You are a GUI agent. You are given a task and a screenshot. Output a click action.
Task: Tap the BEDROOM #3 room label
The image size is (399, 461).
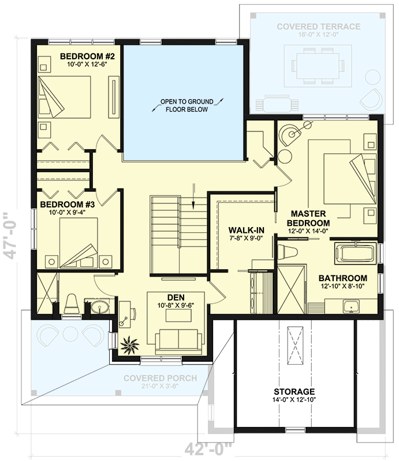click(64, 204)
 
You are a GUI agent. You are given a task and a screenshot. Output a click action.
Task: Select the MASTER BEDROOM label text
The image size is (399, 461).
click(310, 218)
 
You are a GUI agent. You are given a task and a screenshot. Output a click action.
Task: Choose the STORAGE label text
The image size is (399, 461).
click(294, 391)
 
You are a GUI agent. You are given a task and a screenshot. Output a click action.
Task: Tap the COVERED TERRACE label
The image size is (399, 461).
click(318, 27)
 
